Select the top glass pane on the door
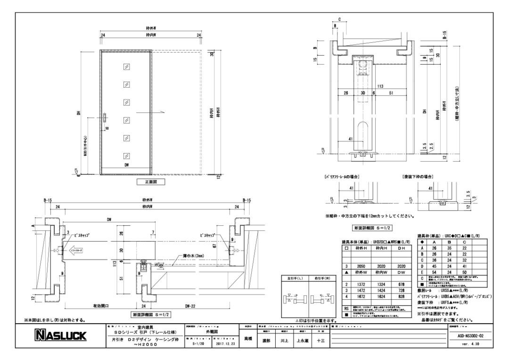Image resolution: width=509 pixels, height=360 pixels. click(126, 66)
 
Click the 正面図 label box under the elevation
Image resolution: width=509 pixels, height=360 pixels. click(148, 181)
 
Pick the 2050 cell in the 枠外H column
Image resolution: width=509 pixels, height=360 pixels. click(361, 266)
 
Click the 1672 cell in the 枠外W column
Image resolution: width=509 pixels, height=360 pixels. click(361, 296)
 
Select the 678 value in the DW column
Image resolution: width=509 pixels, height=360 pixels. click(401, 285)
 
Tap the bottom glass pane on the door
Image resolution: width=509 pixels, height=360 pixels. click(126, 155)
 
